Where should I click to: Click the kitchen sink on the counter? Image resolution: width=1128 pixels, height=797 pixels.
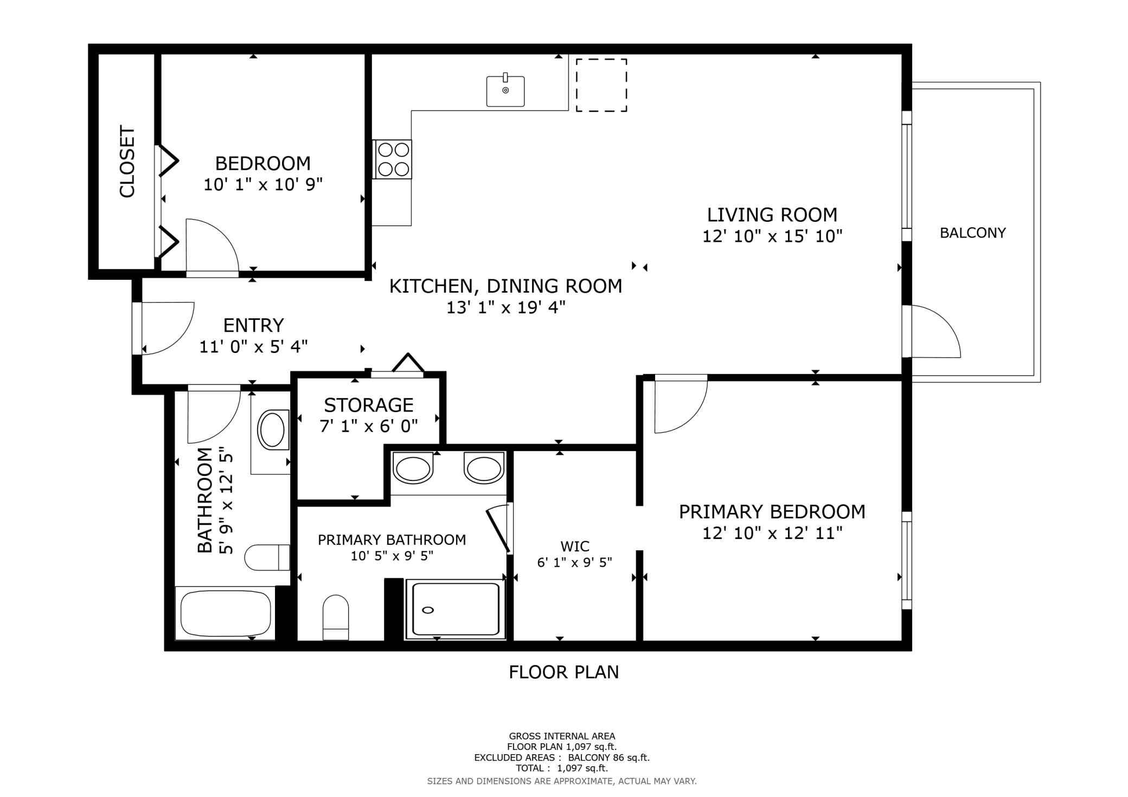click(505, 91)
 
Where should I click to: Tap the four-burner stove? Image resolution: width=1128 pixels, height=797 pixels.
click(393, 159)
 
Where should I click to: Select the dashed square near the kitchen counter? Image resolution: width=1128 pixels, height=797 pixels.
click(601, 85)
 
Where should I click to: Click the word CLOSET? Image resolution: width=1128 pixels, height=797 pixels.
click(127, 162)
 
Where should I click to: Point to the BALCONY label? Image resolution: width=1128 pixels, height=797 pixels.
click(973, 233)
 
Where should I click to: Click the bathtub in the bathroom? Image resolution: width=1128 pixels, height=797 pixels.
click(226, 613)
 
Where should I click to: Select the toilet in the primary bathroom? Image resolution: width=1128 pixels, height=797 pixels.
click(336, 617)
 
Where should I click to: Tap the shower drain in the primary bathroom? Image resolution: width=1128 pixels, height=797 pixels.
click(428, 610)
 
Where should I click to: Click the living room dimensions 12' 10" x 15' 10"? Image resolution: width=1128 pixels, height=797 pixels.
click(772, 236)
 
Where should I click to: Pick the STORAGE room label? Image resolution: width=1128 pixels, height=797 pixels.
click(369, 405)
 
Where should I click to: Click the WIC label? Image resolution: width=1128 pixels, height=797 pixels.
click(575, 546)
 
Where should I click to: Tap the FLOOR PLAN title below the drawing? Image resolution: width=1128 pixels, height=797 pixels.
click(564, 672)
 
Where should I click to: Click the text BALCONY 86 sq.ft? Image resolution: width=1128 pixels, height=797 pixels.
click(608, 757)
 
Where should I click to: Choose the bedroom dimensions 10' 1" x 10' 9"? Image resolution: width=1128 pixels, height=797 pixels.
click(263, 185)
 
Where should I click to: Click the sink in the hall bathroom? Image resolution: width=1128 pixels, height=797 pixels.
click(272, 430)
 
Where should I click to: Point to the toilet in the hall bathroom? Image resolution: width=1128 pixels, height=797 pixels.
click(267, 557)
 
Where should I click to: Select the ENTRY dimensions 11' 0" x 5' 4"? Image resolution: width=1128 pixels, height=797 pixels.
click(254, 346)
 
